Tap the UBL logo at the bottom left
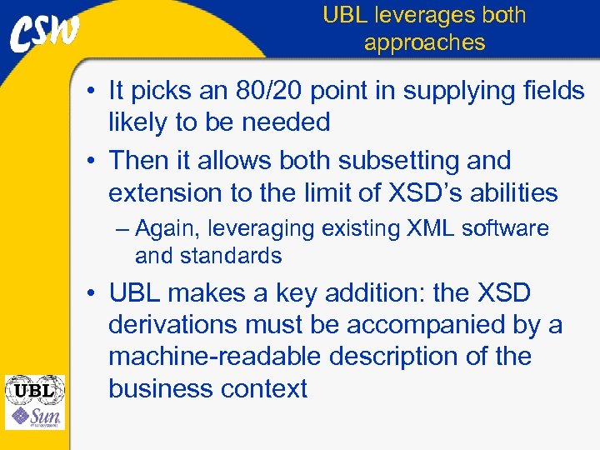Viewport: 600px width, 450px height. click(34, 389)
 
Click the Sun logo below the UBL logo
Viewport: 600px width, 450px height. click(34, 416)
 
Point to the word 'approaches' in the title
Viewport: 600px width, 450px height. click(424, 42)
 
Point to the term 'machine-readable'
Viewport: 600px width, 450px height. click(214, 357)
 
